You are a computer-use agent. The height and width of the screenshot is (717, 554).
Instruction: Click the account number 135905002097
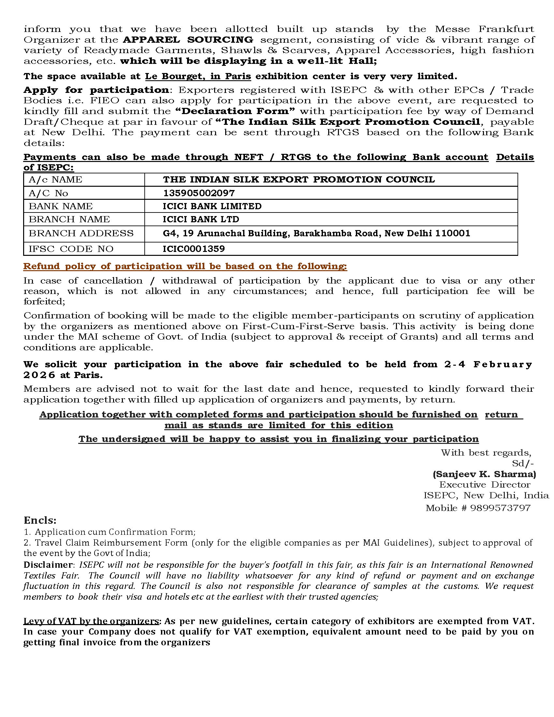(x=198, y=193)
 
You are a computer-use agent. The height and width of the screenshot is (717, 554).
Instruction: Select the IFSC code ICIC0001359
(x=194, y=249)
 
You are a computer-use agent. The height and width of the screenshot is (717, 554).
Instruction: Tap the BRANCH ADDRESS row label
(x=81, y=233)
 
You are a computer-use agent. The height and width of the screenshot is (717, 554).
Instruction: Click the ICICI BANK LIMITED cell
(x=212, y=206)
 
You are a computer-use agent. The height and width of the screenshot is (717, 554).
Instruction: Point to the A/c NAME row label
(x=55, y=180)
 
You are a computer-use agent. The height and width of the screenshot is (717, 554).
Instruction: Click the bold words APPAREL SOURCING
(x=188, y=40)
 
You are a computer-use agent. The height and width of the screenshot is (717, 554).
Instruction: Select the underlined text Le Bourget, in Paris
(x=198, y=76)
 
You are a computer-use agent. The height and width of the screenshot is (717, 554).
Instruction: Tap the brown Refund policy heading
(x=185, y=266)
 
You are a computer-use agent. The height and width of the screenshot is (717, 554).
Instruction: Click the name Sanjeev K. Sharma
(x=484, y=474)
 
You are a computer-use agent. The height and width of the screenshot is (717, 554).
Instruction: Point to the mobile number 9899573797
(x=500, y=508)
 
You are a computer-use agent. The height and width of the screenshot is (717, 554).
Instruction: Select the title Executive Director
(x=484, y=485)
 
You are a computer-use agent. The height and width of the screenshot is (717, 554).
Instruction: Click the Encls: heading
(x=40, y=520)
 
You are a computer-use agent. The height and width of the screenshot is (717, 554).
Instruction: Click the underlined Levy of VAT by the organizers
(x=91, y=621)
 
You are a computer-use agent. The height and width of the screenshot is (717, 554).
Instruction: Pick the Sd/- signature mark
(x=523, y=463)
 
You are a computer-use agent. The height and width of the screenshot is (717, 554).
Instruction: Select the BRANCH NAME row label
(x=69, y=219)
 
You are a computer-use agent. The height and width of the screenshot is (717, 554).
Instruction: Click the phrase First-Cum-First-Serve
(x=298, y=326)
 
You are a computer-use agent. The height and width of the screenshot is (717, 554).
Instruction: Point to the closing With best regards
(x=486, y=453)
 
